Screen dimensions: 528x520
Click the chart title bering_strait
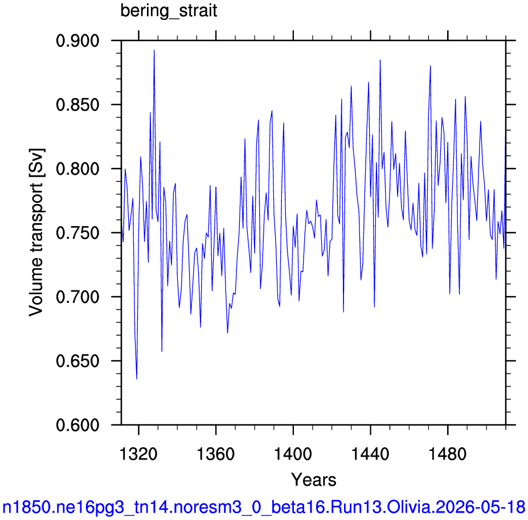[169, 11]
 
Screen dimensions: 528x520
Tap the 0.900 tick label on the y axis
[73, 41]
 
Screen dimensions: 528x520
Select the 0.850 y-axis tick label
[73, 105]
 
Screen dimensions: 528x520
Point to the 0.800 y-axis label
[73, 169]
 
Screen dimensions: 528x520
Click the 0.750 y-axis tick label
[73, 233]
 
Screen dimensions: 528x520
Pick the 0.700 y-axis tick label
[73, 297]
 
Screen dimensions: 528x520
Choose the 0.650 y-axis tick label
[73, 361]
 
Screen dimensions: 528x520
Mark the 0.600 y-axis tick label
[73, 425]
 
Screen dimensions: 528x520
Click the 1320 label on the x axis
[138, 454]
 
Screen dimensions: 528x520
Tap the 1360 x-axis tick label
[215, 454]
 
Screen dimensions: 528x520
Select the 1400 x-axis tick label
[293, 454]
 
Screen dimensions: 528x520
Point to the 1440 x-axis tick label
[370, 454]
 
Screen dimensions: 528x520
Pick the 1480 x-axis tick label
[448, 454]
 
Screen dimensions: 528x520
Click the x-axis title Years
[313, 480]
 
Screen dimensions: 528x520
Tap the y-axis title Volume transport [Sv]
[36, 232]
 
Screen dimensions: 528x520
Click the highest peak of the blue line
[154, 50]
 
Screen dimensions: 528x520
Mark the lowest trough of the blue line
[137, 379]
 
